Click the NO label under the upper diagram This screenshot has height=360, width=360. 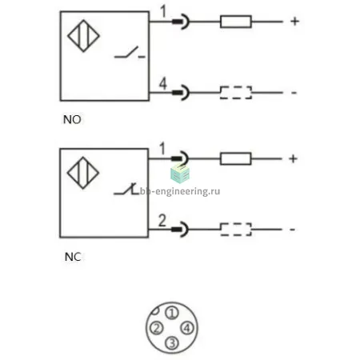pyautogui.click(x=72, y=119)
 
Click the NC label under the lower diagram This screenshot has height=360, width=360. pyautogui.click(x=73, y=257)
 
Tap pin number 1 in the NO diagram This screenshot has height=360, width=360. pyautogui.click(x=163, y=12)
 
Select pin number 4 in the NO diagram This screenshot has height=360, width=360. pyautogui.click(x=163, y=83)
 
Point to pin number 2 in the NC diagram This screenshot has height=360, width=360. pyautogui.click(x=162, y=221)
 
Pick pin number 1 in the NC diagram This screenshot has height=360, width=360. pyautogui.click(x=162, y=149)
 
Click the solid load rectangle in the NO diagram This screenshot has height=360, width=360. pyautogui.click(x=236, y=22)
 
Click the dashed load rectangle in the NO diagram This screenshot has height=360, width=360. pyautogui.click(x=236, y=93)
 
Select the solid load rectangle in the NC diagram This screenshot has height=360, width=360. pyautogui.click(x=236, y=158)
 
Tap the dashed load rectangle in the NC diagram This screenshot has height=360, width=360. pyautogui.click(x=236, y=230)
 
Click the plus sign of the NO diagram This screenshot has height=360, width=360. pyautogui.click(x=294, y=22)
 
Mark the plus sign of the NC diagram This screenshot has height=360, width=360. pyautogui.click(x=293, y=158)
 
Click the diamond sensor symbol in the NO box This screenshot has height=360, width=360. pyautogui.click(x=83, y=36)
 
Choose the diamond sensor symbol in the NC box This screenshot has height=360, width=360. pyautogui.click(x=83, y=173)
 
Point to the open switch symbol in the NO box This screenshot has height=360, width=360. pyautogui.click(x=130, y=53)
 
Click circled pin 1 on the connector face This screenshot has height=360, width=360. pyautogui.click(x=172, y=313)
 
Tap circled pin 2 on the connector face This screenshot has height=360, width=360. pyautogui.click(x=157, y=328)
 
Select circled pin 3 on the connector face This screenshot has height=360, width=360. pyautogui.click(x=172, y=343)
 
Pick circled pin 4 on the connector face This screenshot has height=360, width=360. pyautogui.click(x=187, y=328)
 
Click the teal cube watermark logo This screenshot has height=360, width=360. pyautogui.click(x=180, y=174)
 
